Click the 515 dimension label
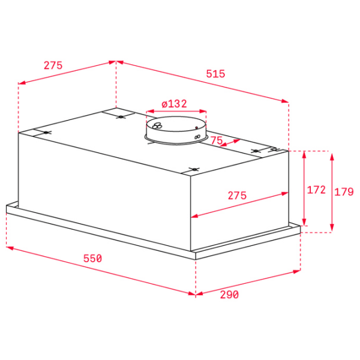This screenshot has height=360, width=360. [x=215, y=74]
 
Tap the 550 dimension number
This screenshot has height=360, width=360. [x=92, y=259]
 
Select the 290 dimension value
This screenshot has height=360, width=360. [x=229, y=295]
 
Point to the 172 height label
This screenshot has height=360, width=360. [x=316, y=190]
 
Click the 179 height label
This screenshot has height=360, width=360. [x=344, y=192]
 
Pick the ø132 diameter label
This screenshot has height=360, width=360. [x=174, y=104]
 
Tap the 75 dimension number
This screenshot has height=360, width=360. [x=217, y=140]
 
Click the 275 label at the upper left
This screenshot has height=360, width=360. [x=53, y=65]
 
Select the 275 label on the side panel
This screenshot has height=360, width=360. [x=237, y=196]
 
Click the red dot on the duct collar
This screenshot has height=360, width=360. [x=197, y=127]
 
